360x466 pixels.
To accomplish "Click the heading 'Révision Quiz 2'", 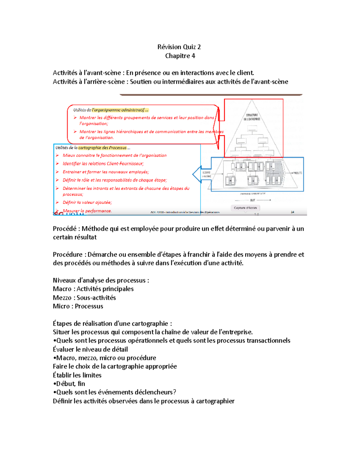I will coord(179,47).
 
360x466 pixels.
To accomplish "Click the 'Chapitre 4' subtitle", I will coord(180,56).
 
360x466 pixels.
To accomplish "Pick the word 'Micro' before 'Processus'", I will coord(61,306).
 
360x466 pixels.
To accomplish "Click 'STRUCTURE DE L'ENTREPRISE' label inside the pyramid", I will coord(252,117).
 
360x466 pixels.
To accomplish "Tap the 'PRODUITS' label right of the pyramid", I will coord(297,173).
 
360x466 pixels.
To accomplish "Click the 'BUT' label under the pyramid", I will coord(253,200).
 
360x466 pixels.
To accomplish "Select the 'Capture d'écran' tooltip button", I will coord(245,208).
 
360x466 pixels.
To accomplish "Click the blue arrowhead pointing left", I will coord(197,174).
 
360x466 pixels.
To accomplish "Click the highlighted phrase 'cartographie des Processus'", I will coord(102,148).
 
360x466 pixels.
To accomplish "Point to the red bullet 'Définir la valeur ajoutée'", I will coord(87,203).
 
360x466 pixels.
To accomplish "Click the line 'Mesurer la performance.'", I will coord(87,211).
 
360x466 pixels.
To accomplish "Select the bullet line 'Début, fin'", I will coord(70,384).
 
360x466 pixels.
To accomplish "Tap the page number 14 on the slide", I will coord(292,212).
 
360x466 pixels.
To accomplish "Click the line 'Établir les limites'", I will coord(77,375).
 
